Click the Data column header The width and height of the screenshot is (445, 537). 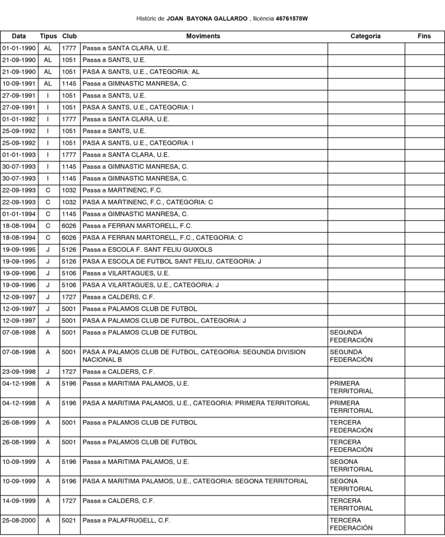[19, 36]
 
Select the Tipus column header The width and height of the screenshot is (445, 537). [48, 36]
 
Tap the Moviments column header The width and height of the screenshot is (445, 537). [203, 36]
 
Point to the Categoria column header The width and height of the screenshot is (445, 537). [366, 36]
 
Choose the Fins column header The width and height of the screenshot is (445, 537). [424, 36]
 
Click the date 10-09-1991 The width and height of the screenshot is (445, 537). [19, 83]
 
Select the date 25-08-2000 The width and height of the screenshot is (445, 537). [19, 520]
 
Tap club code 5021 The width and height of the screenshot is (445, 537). [69, 520]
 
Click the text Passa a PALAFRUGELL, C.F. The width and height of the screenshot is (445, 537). [126, 520]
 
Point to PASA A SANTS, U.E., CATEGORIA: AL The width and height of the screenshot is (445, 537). [141, 72]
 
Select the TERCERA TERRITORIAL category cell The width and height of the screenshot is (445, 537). [351, 504]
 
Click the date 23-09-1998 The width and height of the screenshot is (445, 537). [19, 372]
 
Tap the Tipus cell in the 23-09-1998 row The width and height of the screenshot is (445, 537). [48, 372]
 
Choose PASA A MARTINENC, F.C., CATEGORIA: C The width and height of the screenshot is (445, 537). [147, 202]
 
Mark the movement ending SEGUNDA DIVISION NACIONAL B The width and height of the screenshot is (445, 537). [194, 356]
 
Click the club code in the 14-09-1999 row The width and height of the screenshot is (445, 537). [69, 501]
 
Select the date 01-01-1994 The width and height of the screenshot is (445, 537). [19, 214]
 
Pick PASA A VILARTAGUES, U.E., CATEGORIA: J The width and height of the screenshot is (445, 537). [151, 285]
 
